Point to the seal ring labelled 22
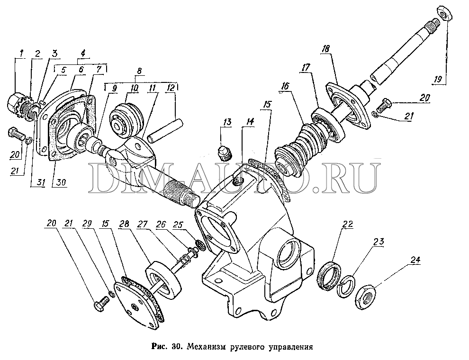pyautogui.click(x=328, y=275)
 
